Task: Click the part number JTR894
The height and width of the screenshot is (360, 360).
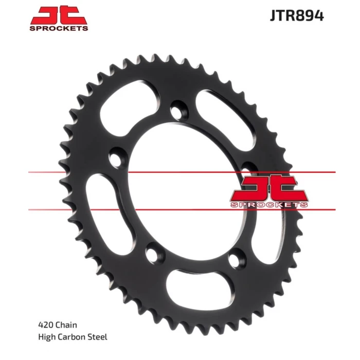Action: [297, 16]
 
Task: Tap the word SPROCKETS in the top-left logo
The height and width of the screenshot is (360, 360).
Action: [59, 28]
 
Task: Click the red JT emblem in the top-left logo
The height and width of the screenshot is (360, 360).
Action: [59, 15]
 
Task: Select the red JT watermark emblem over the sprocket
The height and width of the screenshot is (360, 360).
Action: [269, 188]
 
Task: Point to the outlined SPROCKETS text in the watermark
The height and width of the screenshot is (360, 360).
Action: [269, 205]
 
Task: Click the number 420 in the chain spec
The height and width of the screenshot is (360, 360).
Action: [46, 325]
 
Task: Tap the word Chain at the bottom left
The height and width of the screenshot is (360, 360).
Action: [66, 325]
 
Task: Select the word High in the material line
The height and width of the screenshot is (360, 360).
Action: [47, 337]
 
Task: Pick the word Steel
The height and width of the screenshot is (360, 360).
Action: [98, 337]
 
